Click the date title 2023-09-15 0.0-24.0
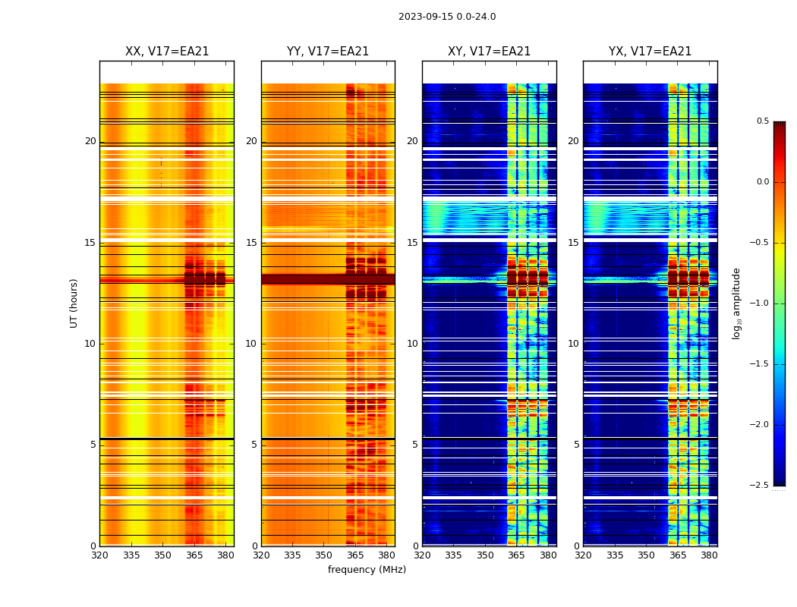[x=447, y=17]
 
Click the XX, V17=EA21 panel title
[x=167, y=52]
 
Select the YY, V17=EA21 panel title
[x=328, y=52]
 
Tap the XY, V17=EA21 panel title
[x=489, y=52]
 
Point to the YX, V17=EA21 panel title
[x=650, y=52]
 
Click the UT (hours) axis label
[x=74, y=303]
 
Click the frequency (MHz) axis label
[x=367, y=570]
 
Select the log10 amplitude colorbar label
[x=736, y=303]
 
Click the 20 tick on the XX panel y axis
[x=90, y=141]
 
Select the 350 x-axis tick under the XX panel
[x=162, y=555]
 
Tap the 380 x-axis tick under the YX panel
[x=709, y=555]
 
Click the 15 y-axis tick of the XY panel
[x=412, y=243]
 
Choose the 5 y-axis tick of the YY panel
[x=254, y=445]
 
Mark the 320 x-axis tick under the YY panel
[x=261, y=555]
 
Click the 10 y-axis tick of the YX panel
[x=573, y=344]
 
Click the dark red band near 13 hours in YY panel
[x=328, y=279]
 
